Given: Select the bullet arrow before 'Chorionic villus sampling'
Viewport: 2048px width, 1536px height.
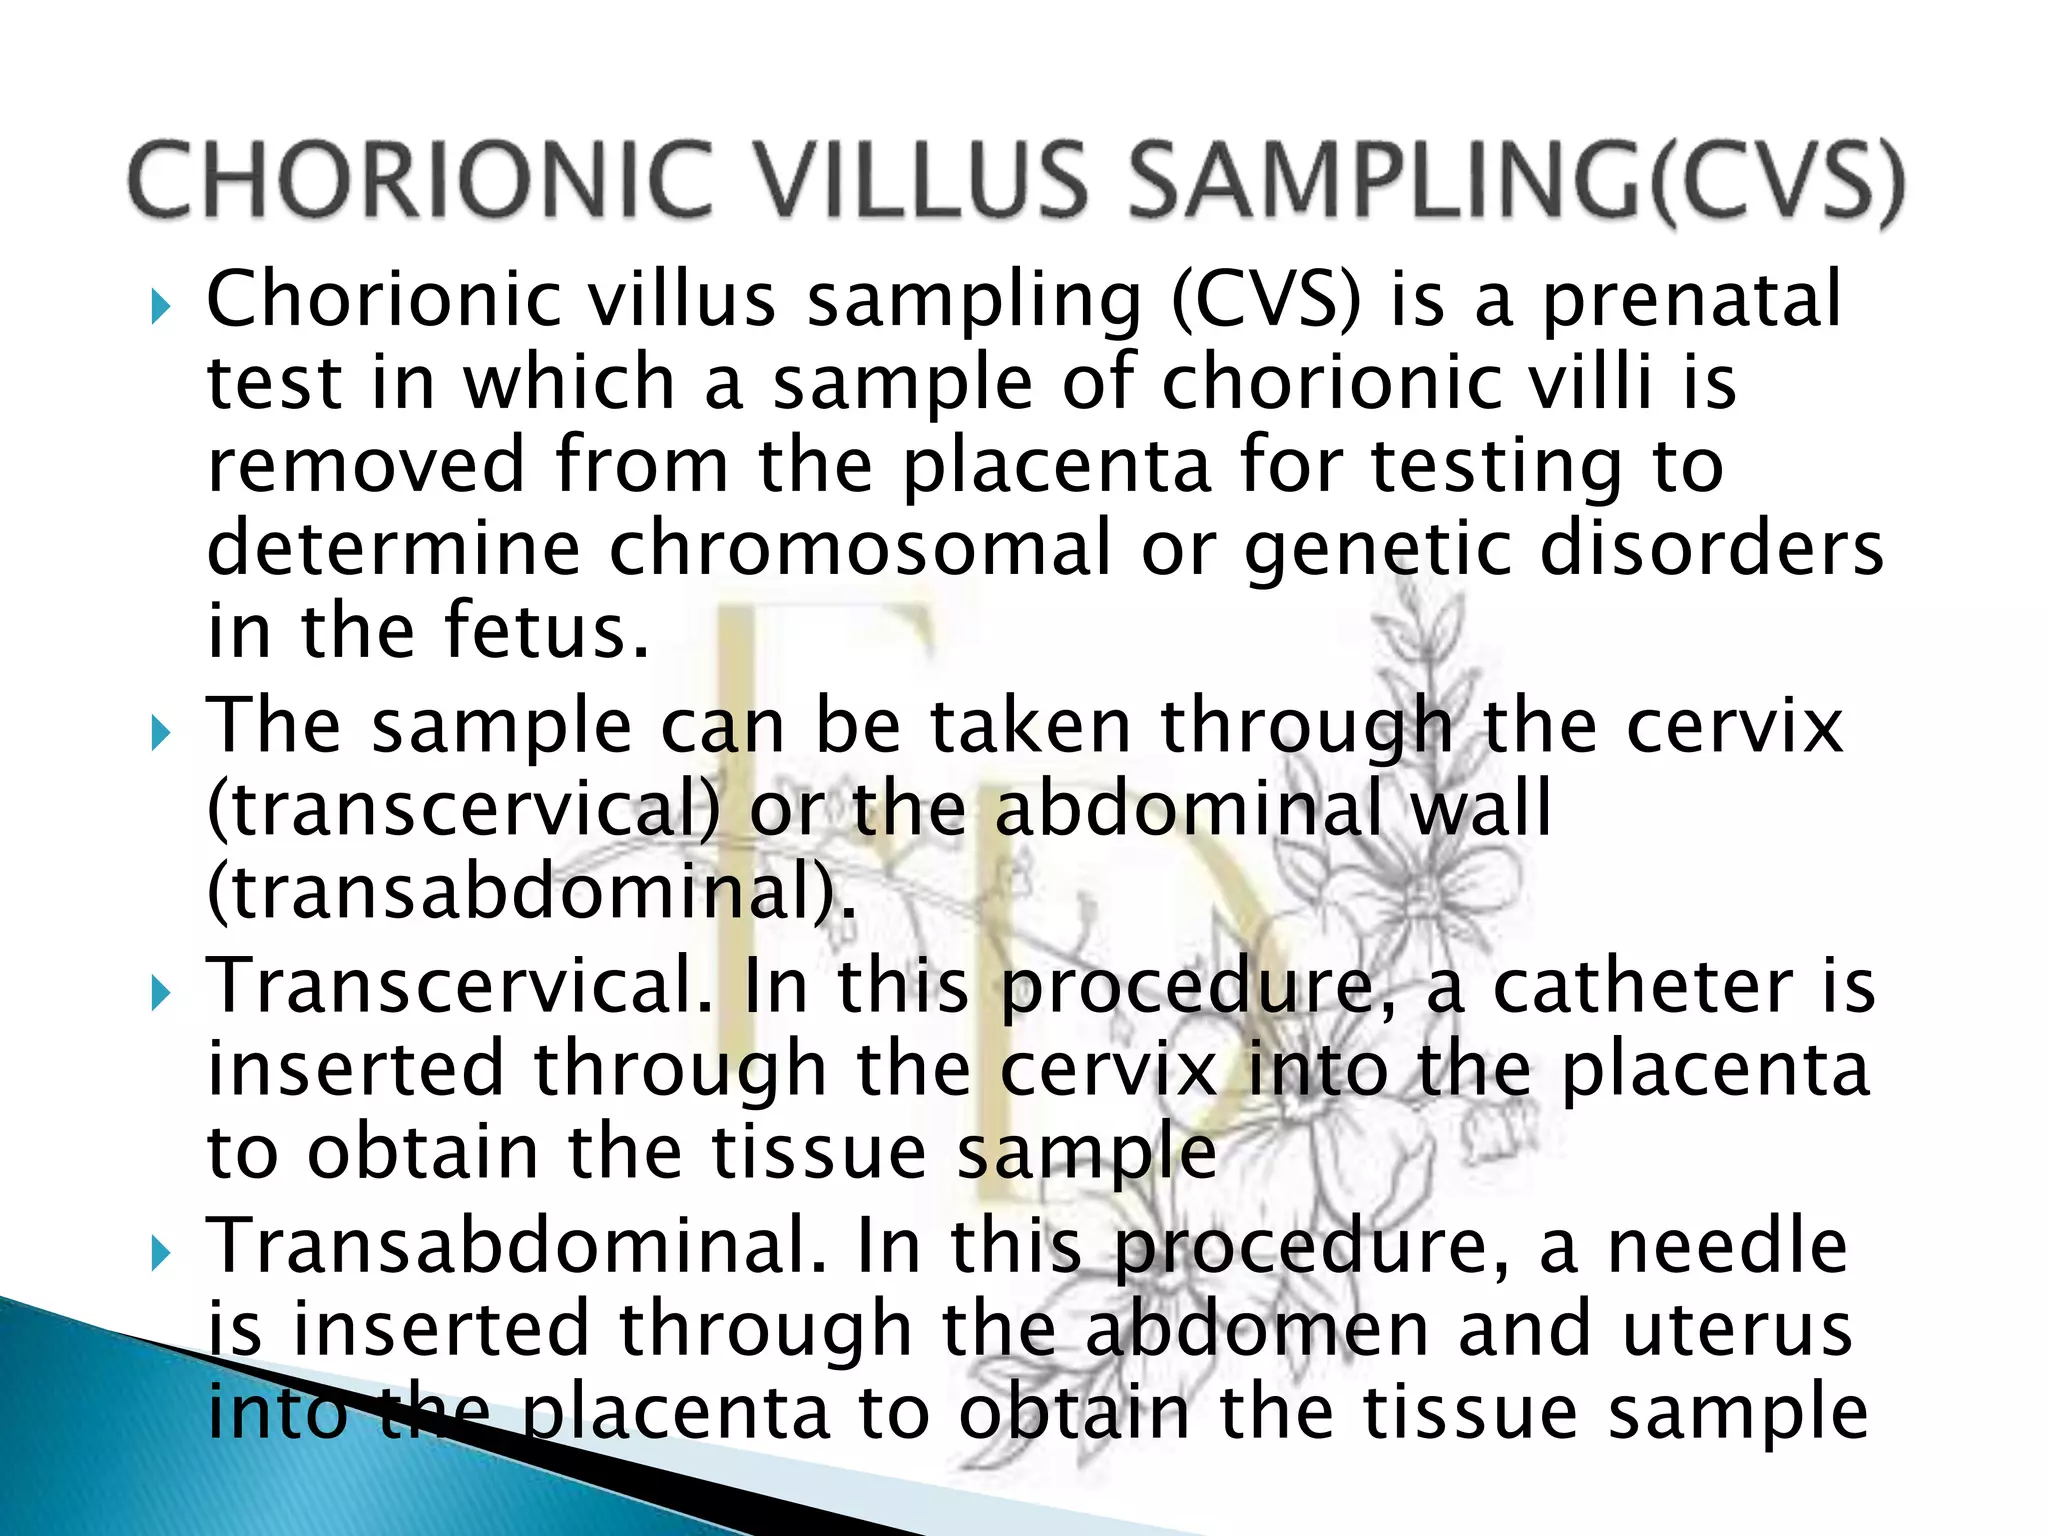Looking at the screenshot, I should pyautogui.click(x=160, y=307).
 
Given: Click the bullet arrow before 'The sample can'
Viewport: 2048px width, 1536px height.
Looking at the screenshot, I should pyautogui.click(x=160, y=733).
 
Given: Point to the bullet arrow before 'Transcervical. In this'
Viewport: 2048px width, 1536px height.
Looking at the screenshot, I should pyautogui.click(x=160, y=993).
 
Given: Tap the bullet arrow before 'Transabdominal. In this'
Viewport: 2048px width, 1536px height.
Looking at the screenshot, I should pyautogui.click(x=160, y=1252).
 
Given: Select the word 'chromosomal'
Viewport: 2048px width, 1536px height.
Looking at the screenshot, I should pyautogui.click(x=860, y=549).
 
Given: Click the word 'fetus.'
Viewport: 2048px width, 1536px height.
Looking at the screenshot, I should pyautogui.click(x=546, y=632).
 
